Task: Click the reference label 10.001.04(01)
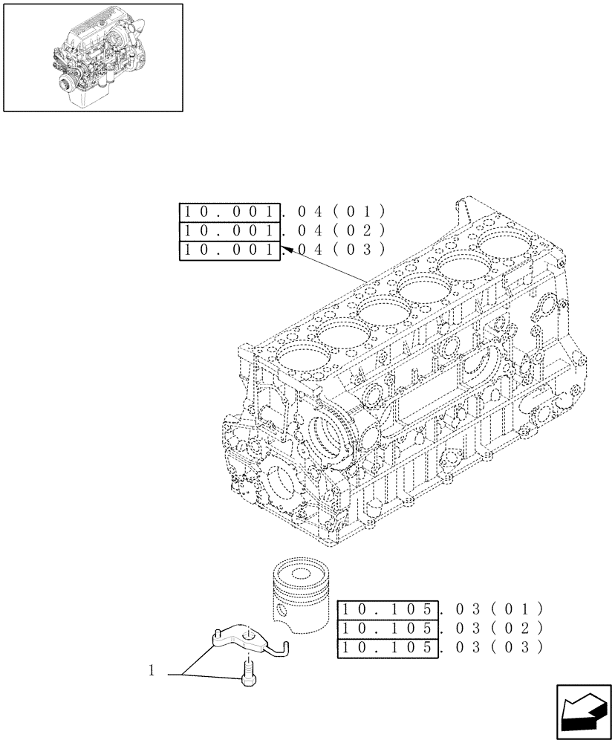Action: (282, 212)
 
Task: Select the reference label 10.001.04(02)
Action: (282, 231)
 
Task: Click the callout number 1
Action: (152, 672)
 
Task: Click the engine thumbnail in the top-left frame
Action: (92, 57)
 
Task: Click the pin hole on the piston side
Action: (282, 611)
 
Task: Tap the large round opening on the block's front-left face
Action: (284, 487)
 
